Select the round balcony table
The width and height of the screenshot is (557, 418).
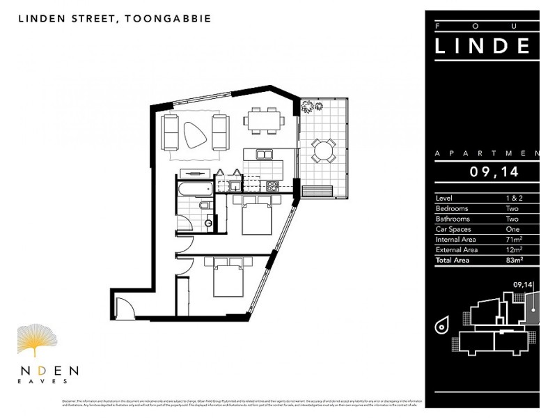[x=323, y=150]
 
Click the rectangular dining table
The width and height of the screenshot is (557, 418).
[x=264, y=120]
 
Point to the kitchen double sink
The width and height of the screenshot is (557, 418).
[x=264, y=154]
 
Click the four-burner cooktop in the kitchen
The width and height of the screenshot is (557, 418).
[x=272, y=186]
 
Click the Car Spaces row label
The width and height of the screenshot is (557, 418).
[x=453, y=229]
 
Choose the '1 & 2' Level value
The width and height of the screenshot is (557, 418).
[x=513, y=198]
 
